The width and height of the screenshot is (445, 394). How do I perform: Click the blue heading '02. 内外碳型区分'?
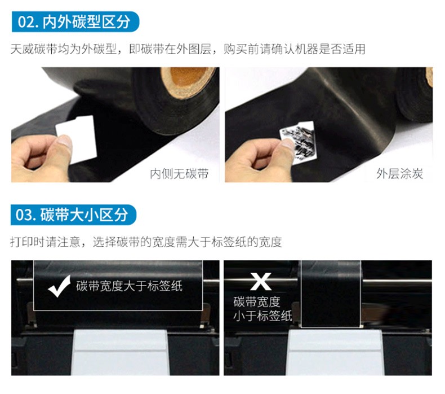coord(75,21)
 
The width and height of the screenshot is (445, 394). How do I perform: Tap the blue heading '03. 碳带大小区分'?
coord(73,214)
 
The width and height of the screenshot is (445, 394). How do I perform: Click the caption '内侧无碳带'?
coord(179,173)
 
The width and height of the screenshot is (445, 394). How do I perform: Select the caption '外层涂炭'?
coord(399,173)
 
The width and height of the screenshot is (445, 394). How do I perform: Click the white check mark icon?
coord(59,286)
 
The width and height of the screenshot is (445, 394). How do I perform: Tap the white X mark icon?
coord(261,281)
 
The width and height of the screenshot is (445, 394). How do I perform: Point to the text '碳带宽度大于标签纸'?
coord(129,286)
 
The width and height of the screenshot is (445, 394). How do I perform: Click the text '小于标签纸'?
coord(262,316)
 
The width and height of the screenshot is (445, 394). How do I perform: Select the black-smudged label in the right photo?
coord(298,142)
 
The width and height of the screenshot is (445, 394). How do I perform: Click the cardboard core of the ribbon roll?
coord(188,78)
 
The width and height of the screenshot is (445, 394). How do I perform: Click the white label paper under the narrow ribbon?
coord(335,352)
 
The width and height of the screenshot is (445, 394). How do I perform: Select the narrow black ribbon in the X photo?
coord(331,294)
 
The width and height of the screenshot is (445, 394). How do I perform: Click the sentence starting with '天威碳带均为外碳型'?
coord(188,49)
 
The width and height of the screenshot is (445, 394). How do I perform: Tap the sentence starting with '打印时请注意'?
coord(146,242)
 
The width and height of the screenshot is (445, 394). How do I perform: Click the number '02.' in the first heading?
coord(28,21)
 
